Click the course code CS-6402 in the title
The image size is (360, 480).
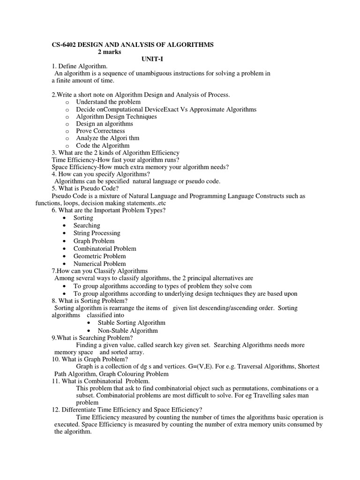[63, 45]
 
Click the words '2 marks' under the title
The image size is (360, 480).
[109, 52]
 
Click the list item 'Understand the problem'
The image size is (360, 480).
[108, 102]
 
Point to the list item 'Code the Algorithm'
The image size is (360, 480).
[103, 146]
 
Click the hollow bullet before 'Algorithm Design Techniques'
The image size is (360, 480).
[67, 117]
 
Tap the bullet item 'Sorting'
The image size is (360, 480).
[83, 218]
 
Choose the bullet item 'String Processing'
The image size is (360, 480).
[97, 233]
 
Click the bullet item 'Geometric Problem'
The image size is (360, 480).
[99, 256]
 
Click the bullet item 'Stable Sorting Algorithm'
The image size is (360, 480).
[131, 323]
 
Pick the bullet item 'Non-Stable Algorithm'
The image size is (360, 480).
[127, 330]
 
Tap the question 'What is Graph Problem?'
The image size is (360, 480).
[89, 360]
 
